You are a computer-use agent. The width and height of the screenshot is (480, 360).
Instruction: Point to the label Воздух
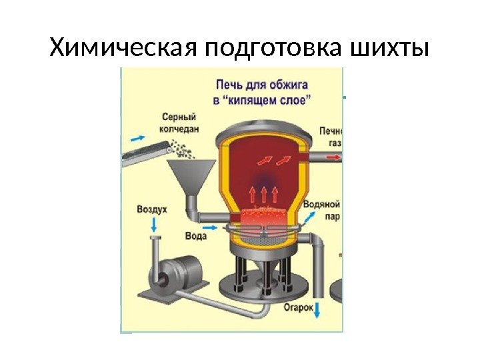(x=152, y=209)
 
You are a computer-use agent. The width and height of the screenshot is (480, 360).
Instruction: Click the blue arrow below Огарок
(x=317, y=310)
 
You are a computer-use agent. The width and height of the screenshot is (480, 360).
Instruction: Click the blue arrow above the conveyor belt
(x=137, y=137)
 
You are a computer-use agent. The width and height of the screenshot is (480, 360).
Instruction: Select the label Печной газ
(x=331, y=137)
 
